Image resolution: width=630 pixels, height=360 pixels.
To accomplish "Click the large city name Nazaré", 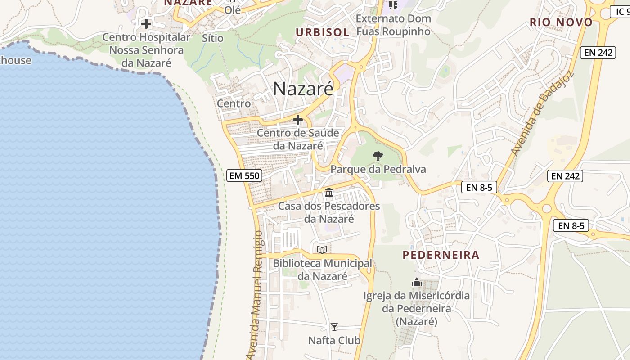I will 303,89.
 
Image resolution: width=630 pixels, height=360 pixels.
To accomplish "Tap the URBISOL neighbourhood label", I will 322,32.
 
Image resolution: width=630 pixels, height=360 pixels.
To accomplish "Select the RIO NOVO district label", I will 561,22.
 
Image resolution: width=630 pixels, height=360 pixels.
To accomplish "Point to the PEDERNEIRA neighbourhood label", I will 441,255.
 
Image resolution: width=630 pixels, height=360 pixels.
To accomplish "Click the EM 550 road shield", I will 244,175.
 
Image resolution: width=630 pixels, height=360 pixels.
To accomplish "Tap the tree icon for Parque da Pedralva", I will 378,156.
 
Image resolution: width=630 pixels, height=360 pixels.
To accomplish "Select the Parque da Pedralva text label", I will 378,169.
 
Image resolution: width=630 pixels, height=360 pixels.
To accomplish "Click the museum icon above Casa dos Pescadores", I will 329,193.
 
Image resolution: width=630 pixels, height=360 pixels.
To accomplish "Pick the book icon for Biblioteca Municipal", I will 322,250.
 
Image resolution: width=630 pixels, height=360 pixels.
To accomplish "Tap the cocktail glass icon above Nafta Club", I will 334,327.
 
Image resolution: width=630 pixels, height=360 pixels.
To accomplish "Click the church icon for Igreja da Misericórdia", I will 417,283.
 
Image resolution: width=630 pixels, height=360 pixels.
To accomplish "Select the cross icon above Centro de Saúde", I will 298,120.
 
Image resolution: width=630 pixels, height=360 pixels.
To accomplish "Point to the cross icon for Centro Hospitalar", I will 146,23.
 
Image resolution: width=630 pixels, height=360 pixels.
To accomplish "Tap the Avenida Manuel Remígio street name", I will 255,295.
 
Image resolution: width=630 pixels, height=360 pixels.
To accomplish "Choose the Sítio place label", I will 212,38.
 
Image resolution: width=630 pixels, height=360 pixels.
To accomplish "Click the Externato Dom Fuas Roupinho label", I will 393,25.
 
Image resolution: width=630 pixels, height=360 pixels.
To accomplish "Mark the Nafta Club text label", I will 334,340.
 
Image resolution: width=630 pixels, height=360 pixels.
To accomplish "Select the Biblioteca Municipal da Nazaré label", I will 323,270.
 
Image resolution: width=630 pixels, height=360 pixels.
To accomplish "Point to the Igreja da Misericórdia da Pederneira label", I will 417,309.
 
